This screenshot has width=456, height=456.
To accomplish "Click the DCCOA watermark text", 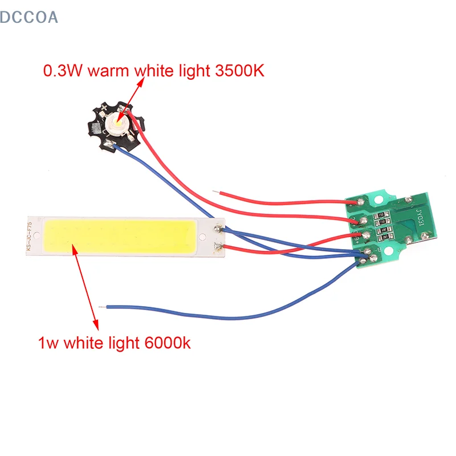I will tap(29, 17).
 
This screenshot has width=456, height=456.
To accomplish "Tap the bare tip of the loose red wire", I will tap(214, 192).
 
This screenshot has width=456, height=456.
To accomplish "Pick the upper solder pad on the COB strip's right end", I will tap(218, 229).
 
